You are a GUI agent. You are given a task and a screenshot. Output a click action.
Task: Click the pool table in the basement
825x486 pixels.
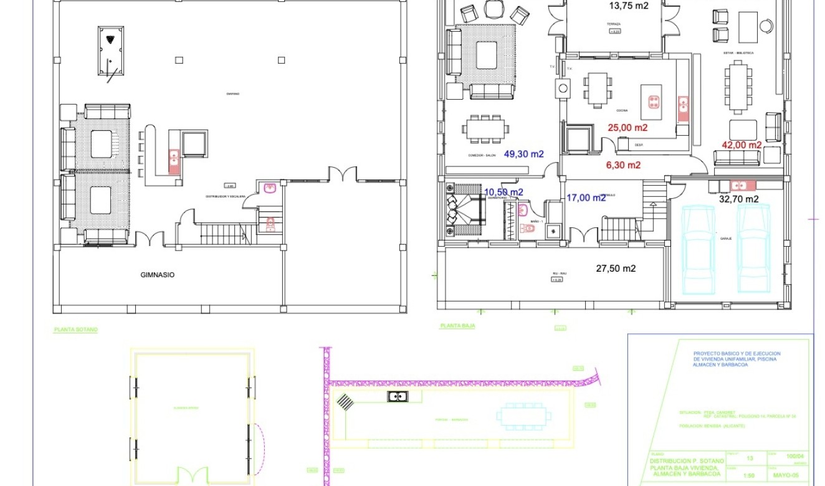pos(110,50)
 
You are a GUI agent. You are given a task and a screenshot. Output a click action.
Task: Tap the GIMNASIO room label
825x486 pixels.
pos(158,274)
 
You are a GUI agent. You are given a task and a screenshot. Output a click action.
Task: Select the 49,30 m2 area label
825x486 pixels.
pos(524,154)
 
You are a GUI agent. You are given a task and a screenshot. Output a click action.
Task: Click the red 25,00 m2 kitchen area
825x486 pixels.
pos(627,128)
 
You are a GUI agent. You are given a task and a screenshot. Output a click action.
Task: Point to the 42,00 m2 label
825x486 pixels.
pos(742,145)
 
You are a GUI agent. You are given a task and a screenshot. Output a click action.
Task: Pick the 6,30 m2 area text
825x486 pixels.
pos(624,165)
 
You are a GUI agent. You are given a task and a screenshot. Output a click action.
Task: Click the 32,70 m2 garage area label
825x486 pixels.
pos(738,199)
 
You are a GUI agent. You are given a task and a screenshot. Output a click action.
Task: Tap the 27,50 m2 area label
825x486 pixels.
pos(616,269)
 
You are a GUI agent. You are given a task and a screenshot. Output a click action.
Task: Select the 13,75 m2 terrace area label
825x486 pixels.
pos(628,6)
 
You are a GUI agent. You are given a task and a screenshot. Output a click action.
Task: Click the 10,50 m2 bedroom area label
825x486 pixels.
pos(503,192)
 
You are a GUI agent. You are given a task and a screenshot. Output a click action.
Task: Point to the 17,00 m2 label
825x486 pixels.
pos(585,198)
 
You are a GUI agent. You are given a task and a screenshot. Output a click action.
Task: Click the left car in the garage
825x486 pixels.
pos(698,249)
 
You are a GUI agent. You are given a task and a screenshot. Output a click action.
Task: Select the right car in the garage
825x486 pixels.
pos(753,249)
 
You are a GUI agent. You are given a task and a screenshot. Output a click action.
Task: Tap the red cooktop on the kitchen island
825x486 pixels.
pos(654,102)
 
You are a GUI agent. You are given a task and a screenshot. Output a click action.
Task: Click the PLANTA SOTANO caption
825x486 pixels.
pos(75,330)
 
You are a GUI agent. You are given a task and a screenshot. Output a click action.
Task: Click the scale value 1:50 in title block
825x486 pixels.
pos(750,475)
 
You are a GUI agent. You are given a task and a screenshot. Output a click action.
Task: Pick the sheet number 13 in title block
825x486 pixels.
pos(750,458)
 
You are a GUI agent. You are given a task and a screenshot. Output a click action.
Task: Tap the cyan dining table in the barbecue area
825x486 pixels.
pos(524,416)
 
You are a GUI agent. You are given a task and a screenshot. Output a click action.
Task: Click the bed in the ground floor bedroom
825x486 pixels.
pos(465,210)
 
